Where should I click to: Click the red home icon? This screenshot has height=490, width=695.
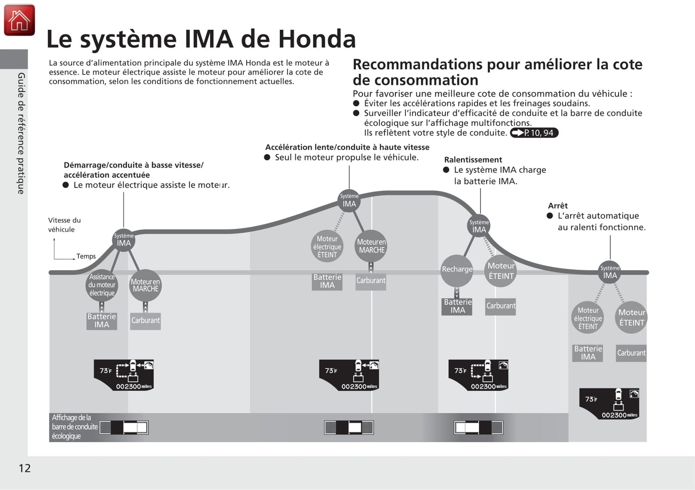[19, 20]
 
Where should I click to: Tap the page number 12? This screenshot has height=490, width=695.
[25, 468]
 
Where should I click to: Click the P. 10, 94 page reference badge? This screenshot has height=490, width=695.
[534, 133]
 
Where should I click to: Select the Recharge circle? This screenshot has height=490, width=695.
[457, 269]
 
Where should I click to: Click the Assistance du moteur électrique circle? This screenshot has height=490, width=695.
[102, 285]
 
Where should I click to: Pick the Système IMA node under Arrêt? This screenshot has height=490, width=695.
[610, 272]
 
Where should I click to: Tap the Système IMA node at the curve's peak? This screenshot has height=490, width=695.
[349, 201]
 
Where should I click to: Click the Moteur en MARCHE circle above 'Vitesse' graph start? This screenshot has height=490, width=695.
[145, 285]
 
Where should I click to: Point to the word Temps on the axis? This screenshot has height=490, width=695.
[86, 256]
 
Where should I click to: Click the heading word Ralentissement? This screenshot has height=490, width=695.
[473, 160]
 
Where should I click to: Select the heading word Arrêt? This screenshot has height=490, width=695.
[558, 205]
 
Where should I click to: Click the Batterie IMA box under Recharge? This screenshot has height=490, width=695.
[457, 306]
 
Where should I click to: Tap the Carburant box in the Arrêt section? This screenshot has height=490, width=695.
[631, 353]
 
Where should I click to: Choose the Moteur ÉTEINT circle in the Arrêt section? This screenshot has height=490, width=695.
[632, 317]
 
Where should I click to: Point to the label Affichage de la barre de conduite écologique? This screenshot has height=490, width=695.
[75, 427]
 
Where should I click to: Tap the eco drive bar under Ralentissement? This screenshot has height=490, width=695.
[479, 427]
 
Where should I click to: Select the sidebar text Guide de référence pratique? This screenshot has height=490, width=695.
[21, 133]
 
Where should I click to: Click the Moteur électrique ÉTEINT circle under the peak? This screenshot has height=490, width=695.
[327, 246]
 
